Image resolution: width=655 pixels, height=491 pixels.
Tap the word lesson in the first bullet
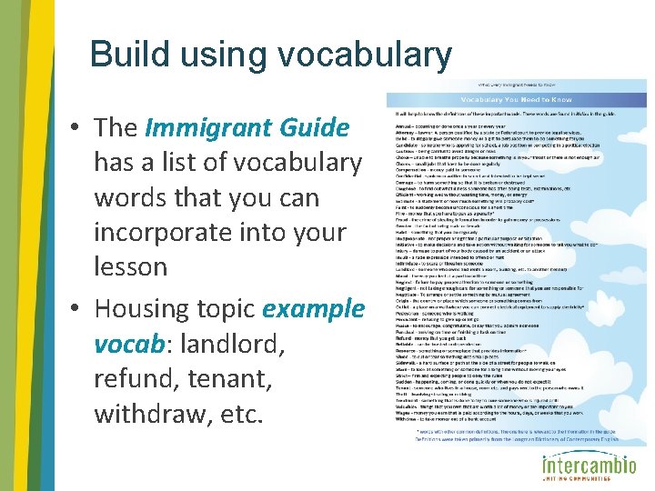click(x=131, y=266)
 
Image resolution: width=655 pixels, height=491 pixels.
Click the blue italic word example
click(x=312, y=308)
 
